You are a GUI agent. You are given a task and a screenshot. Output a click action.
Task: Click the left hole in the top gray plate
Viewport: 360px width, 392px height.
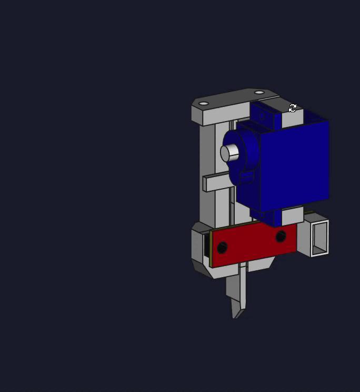pyautogui.click(x=204, y=104)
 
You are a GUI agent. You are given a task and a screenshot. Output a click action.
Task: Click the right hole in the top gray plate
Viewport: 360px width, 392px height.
pyautogui.click(x=259, y=93)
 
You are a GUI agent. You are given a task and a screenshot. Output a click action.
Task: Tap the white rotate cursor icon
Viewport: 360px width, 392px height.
pyautogui.click(x=293, y=108)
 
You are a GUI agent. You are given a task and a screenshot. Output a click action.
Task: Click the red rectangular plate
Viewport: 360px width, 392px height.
pyautogui.click(x=253, y=244)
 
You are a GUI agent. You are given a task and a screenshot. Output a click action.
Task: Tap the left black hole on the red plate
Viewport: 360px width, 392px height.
pyautogui.click(x=222, y=247)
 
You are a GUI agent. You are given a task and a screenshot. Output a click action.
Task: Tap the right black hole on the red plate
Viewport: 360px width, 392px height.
pyautogui.click(x=281, y=236)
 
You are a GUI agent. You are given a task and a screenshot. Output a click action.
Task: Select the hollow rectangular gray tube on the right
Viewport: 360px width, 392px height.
pyautogui.click(x=319, y=238)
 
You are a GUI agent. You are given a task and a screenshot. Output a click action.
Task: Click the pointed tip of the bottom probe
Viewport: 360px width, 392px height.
pyautogui.click(x=236, y=315)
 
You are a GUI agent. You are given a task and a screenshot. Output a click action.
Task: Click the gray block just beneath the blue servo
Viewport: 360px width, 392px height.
pyautogui.click(x=292, y=216)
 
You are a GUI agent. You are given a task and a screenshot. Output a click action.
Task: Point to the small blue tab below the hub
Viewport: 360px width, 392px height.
pyautogui.click(x=245, y=177)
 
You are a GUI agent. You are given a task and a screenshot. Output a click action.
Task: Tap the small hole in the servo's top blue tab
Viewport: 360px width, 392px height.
pyautogui.click(x=262, y=115)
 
